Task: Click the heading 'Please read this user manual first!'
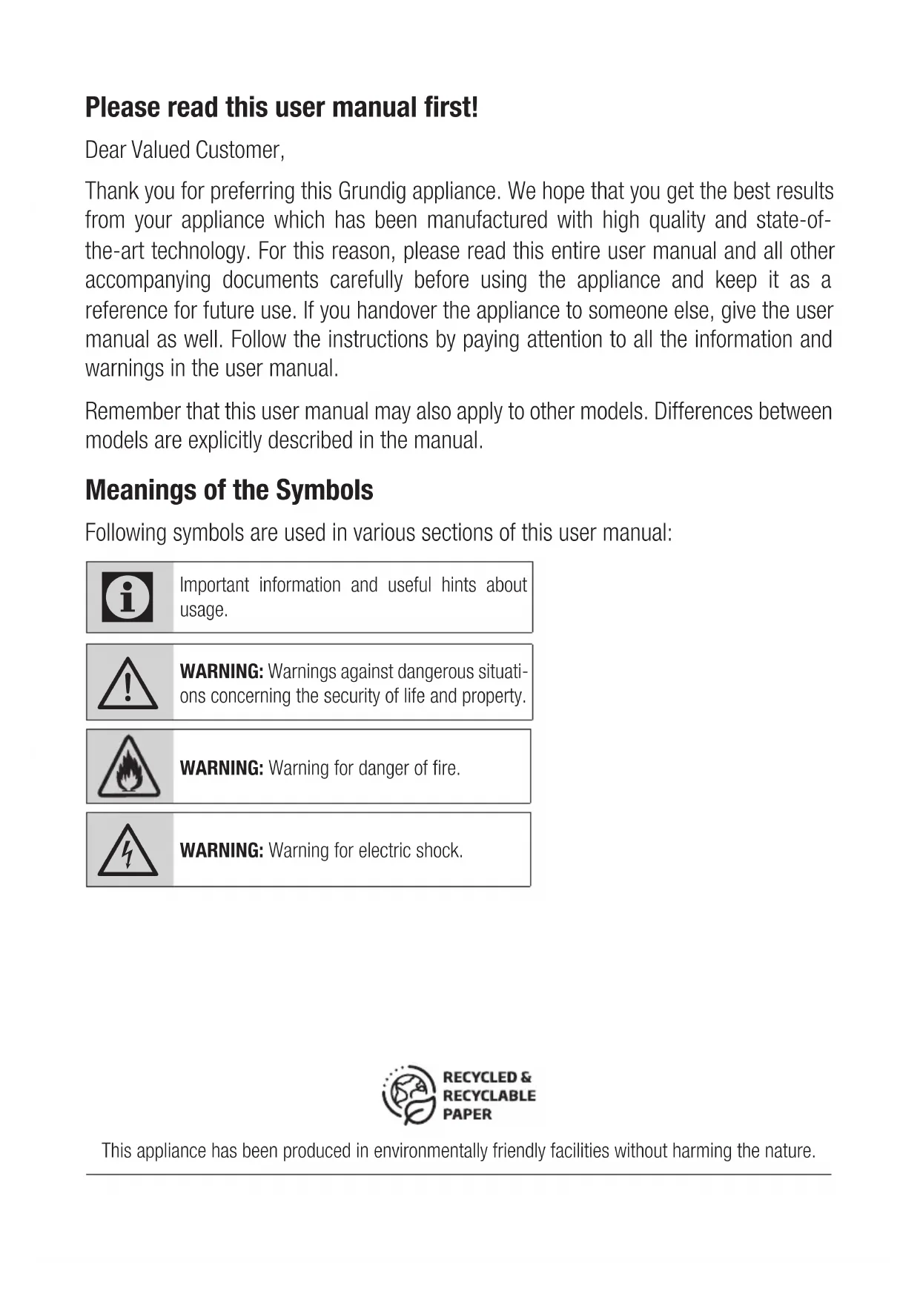[x=282, y=108]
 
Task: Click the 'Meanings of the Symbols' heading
[x=229, y=491]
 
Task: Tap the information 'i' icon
[x=128, y=597]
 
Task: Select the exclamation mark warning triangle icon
[x=128, y=683]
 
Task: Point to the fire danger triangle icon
[x=128, y=767]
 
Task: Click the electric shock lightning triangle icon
[x=128, y=851]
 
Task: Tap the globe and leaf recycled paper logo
[x=408, y=1095]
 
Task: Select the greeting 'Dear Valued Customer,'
[x=185, y=150]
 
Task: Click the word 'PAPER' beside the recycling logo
[x=467, y=1114]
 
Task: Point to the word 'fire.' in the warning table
[x=446, y=769]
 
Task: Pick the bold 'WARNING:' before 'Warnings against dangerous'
[x=221, y=672]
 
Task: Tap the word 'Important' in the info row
[x=214, y=586]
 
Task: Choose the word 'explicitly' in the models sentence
[x=225, y=441]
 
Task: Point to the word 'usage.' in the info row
[x=203, y=611]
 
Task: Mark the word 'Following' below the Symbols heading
[x=126, y=533]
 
